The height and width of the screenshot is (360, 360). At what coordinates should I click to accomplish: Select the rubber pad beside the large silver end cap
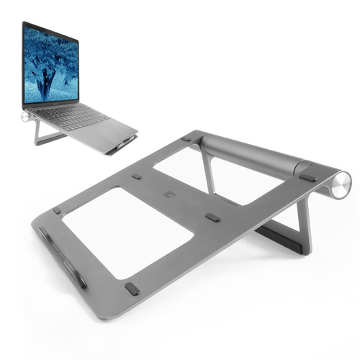point(307,177)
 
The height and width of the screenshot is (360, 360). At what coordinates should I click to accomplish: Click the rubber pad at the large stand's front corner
point(132,289)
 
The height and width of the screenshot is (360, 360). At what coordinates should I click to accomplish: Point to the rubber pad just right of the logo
point(212,217)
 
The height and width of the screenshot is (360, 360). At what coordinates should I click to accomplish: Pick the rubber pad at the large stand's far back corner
point(186,138)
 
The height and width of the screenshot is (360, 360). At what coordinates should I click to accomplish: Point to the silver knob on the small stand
point(26,115)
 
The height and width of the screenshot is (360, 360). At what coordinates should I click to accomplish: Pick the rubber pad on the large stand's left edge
point(56,211)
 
